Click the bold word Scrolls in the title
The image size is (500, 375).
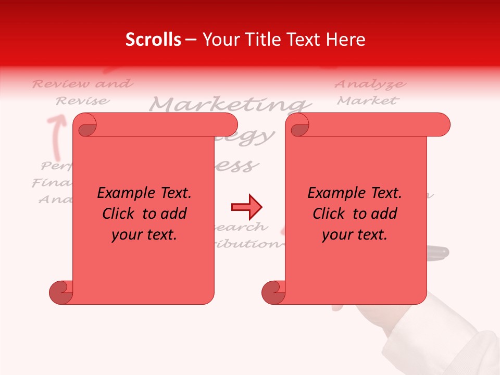[153, 40]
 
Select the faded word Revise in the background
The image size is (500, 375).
[83, 101]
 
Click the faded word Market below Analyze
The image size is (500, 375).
[368, 100]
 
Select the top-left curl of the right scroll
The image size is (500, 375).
[298, 125]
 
